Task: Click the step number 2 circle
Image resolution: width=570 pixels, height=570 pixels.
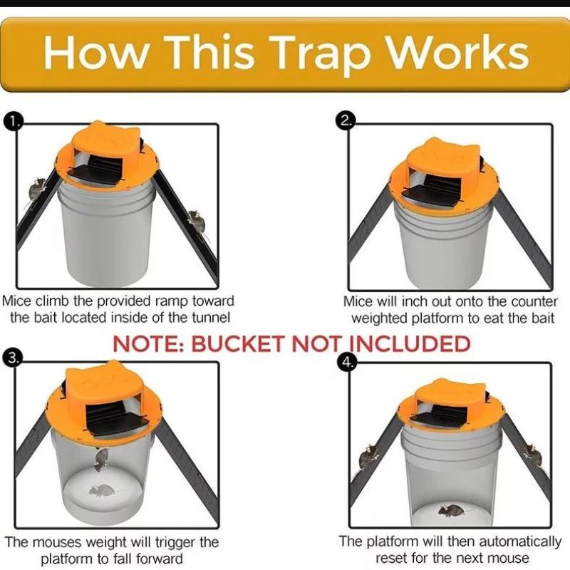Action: pyautogui.click(x=345, y=120)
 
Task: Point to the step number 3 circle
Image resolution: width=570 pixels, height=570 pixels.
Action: pyautogui.click(x=12, y=358)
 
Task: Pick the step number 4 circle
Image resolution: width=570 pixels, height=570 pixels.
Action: pyautogui.click(x=346, y=362)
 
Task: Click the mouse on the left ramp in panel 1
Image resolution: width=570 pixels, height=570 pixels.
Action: pyautogui.click(x=36, y=189)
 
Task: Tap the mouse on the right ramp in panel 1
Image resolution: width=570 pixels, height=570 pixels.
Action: pyautogui.click(x=197, y=222)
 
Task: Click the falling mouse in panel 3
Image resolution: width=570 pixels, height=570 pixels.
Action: pyautogui.click(x=102, y=460)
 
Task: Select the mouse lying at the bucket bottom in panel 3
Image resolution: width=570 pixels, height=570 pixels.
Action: pyautogui.click(x=101, y=491)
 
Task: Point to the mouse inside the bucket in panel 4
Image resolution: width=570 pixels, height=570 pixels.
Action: pyautogui.click(x=451, y=511)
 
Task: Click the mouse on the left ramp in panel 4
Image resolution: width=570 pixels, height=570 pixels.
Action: pyautogui.click(x=368, y=457)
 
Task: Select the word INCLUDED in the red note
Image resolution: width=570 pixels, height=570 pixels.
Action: pyautogui.click(x=411, y=344)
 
